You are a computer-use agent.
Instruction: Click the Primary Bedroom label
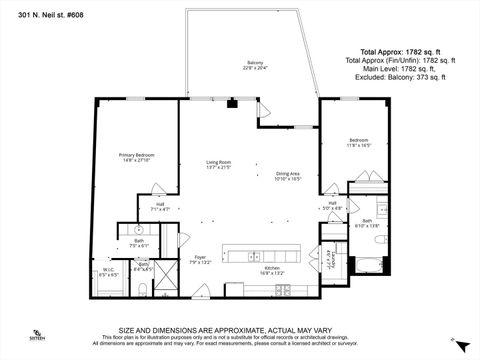pyautogui.click(x=137, y=157)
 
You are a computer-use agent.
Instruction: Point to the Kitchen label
pyautogui.click(x=272, y=268)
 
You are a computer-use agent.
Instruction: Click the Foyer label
pyautogui.click(x=199, y=261)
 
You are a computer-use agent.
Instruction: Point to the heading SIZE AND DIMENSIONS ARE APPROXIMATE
pyautogui.click(x=240, y=328)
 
